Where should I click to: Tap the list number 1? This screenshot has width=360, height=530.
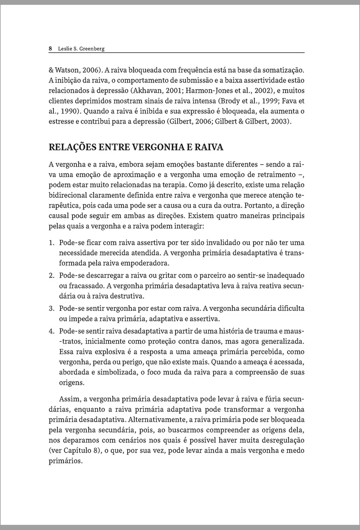[51, 243]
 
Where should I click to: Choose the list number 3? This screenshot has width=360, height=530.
[51, 307]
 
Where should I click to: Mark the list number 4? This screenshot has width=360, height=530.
[51, 331]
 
